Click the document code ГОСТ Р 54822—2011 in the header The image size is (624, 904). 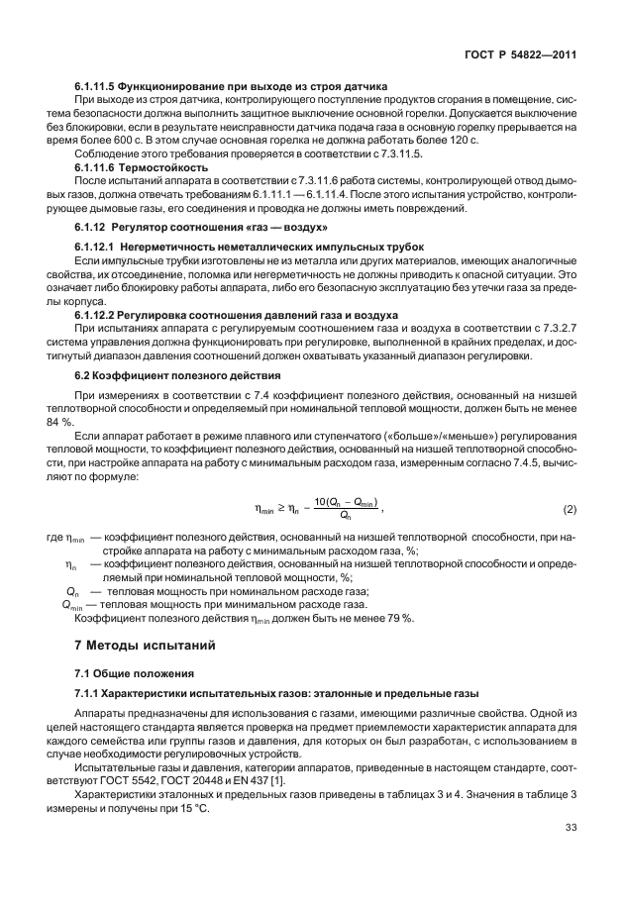click(521, 56)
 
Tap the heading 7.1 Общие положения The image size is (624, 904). click(132, 672)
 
